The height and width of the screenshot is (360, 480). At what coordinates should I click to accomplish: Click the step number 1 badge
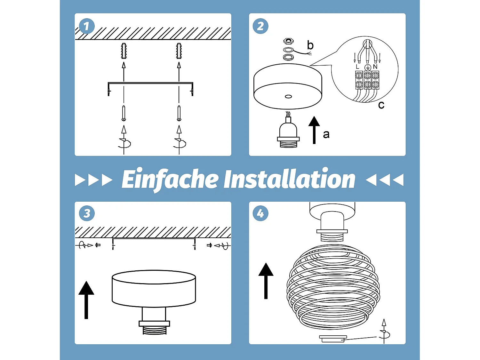tap(87, 26)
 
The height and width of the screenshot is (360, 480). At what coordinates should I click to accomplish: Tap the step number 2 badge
tap(260, 26)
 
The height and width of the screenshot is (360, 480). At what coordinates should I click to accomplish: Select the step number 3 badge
tap(87, 213)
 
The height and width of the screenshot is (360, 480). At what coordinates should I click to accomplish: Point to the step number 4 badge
tap(260, 213)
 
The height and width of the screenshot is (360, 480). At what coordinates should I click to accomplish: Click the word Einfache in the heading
tap(170, 179)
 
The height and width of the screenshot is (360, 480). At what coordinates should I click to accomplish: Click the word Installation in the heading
tap(289, 179)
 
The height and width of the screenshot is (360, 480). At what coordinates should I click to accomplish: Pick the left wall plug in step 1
tap(124, 51)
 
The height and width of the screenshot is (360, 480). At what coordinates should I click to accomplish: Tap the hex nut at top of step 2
tap(288, 41)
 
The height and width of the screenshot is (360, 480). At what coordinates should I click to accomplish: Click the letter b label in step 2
tap(310, 45)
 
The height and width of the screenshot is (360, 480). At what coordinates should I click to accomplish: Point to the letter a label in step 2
tap(326, 134)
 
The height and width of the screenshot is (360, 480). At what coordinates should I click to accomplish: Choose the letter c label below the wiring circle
tap(381, 105)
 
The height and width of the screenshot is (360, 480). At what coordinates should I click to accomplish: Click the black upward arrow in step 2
tap(314, 129)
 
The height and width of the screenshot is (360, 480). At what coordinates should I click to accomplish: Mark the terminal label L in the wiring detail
tap(357, 67)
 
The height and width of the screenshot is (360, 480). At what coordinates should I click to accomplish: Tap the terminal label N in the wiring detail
tap(375, 67)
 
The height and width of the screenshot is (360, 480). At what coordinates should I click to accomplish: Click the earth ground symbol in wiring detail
tap(367, 67)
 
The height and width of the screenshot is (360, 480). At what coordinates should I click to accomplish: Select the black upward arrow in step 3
tap(86, 300)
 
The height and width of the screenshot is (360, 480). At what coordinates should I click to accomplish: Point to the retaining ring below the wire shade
tap(333, 339)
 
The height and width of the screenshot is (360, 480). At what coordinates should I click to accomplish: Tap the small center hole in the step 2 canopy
tap(288, 96)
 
